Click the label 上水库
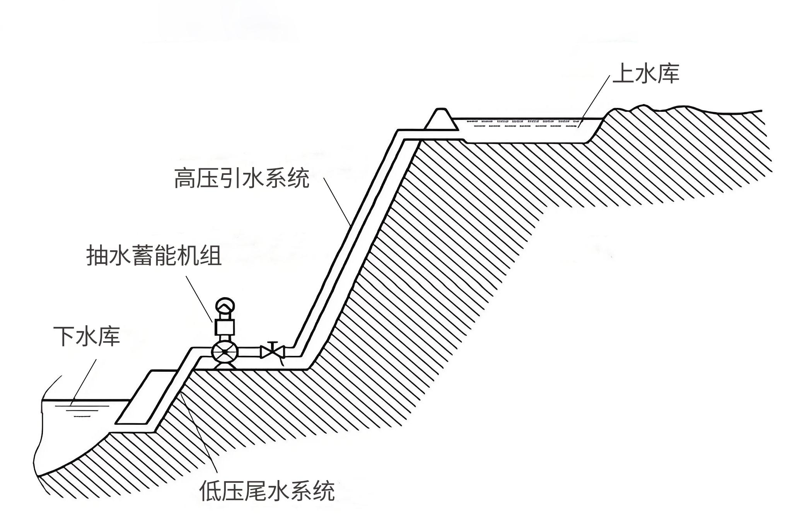(x=646, y=73)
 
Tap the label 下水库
(x=87, y=336)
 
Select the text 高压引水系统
(x=242, y=178)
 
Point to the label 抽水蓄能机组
(x=154, y=256)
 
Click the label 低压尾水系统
(x=267, y=491)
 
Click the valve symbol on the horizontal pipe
(x=273, y=352)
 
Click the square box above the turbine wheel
(x=225, y=327)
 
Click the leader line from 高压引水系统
(x=337, y=201)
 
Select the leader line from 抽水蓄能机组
(x=200, y=298)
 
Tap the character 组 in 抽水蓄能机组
(x=211, y=256)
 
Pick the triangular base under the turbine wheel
(x=225, y=366)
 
